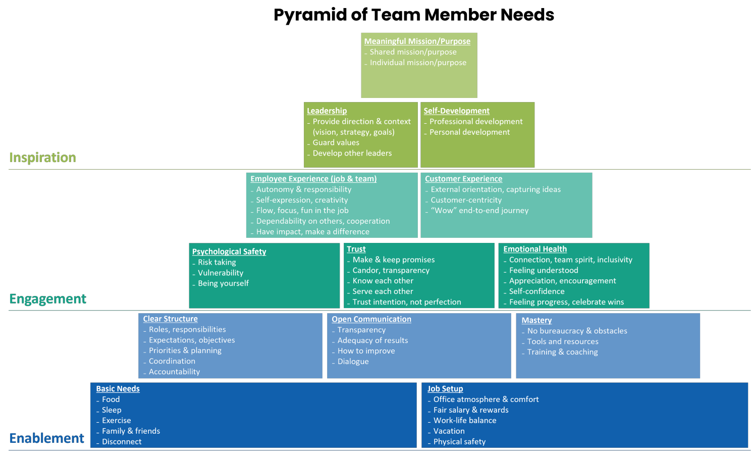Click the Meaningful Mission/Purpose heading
point(417,41)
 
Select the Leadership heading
point(327,111)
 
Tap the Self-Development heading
point(456,111)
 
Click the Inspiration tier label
point(42,158)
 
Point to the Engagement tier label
point(47,299)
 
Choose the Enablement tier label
point(46,438)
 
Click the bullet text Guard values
point(336,143)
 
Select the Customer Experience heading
point(463,179)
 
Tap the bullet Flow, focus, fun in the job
point(302,211)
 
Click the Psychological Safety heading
point(229,251)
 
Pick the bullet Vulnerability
point(220,273)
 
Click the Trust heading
point(356,249)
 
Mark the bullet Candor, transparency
point(391,270)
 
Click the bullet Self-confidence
point(537,291)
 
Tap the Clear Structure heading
point(170,319)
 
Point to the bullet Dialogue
point(353,362)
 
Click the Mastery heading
point(536,321)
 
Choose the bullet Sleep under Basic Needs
point(111,410)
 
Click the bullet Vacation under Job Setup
point(449,431)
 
